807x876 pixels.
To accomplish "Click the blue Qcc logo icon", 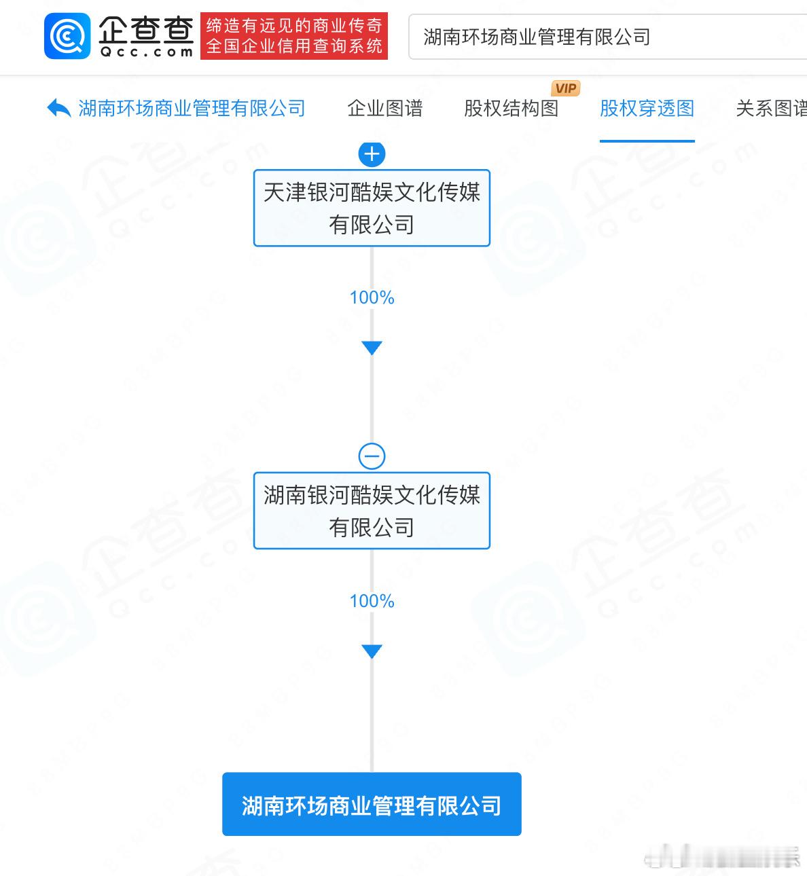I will [67, 36].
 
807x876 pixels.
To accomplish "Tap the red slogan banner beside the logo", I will [293, 36].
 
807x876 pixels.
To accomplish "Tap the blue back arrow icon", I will [58, 108].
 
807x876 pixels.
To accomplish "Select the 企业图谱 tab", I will [384, 109].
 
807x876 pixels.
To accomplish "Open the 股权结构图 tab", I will [511, 109].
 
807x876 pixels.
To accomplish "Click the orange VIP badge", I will [565, 88].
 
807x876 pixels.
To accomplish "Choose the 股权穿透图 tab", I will [647, 109].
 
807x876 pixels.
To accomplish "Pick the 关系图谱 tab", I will [771, 109].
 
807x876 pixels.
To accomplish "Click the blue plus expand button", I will [372, 154].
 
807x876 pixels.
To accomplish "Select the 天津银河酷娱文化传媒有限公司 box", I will [372, 208].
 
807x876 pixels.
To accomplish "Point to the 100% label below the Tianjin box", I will [372, 297].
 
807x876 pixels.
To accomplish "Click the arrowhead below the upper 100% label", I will [372, 348].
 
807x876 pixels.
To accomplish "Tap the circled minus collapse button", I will [372, 456].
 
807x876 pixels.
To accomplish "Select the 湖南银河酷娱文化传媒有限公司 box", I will [372, 511].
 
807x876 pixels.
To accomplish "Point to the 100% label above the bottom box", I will [372, 601].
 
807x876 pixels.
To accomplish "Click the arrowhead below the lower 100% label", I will [372, 652].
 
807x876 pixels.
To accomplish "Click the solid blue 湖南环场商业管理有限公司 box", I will [372, 805].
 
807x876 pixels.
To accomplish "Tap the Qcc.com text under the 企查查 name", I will [146, 52].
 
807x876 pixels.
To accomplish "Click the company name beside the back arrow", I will [192, 109].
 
